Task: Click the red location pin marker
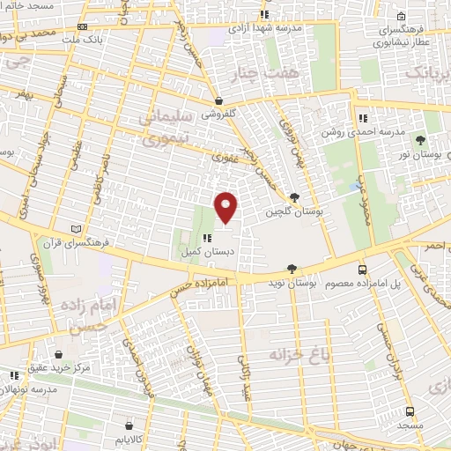226,207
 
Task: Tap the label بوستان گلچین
295,213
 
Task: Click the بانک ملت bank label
112,40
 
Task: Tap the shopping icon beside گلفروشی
218,100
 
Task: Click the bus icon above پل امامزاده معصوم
363,270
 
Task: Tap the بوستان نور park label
418,155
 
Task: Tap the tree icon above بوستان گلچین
293,198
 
